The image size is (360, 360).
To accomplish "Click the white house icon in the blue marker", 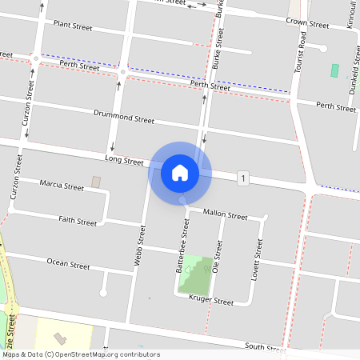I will point(180,172).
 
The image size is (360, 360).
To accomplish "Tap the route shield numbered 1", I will point(242,177).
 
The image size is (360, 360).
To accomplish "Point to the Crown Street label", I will point(307,22).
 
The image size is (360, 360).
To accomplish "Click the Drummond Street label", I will point(123,118).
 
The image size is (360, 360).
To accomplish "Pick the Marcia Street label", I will point(62,187).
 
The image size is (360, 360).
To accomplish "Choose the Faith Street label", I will point(78,220).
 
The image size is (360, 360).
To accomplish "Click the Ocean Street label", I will point(68,263).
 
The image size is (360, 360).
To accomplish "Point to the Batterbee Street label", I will point(182,248).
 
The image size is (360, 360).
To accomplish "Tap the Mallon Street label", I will point(226,214).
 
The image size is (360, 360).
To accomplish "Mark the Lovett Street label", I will point(258,254).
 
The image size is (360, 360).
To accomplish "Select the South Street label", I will point(266,346).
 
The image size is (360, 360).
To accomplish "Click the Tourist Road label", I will point(302,52).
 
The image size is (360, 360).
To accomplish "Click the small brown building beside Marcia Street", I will point(97,182).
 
